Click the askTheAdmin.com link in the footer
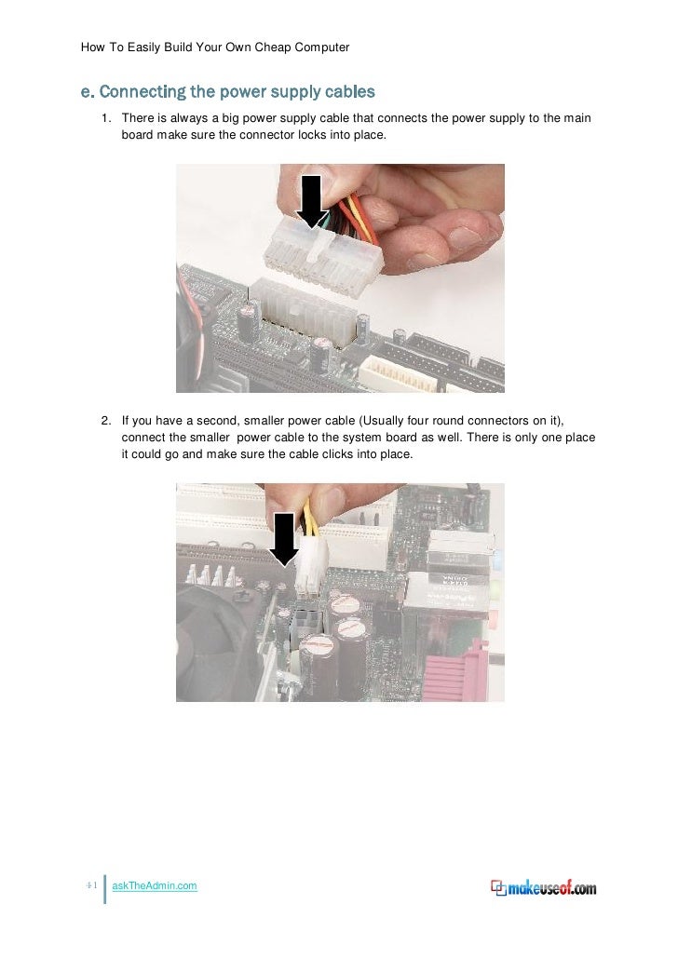[x=154, y=885]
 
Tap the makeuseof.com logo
[x=543, y=888]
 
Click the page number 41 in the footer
[x=91, y=884]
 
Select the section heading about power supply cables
[x=227, y=91]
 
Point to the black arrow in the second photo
[x=284, y=539]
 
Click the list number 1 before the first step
[x=106, y=118]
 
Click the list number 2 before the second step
[x=106, y=421]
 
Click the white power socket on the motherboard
[x=304, y=309]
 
